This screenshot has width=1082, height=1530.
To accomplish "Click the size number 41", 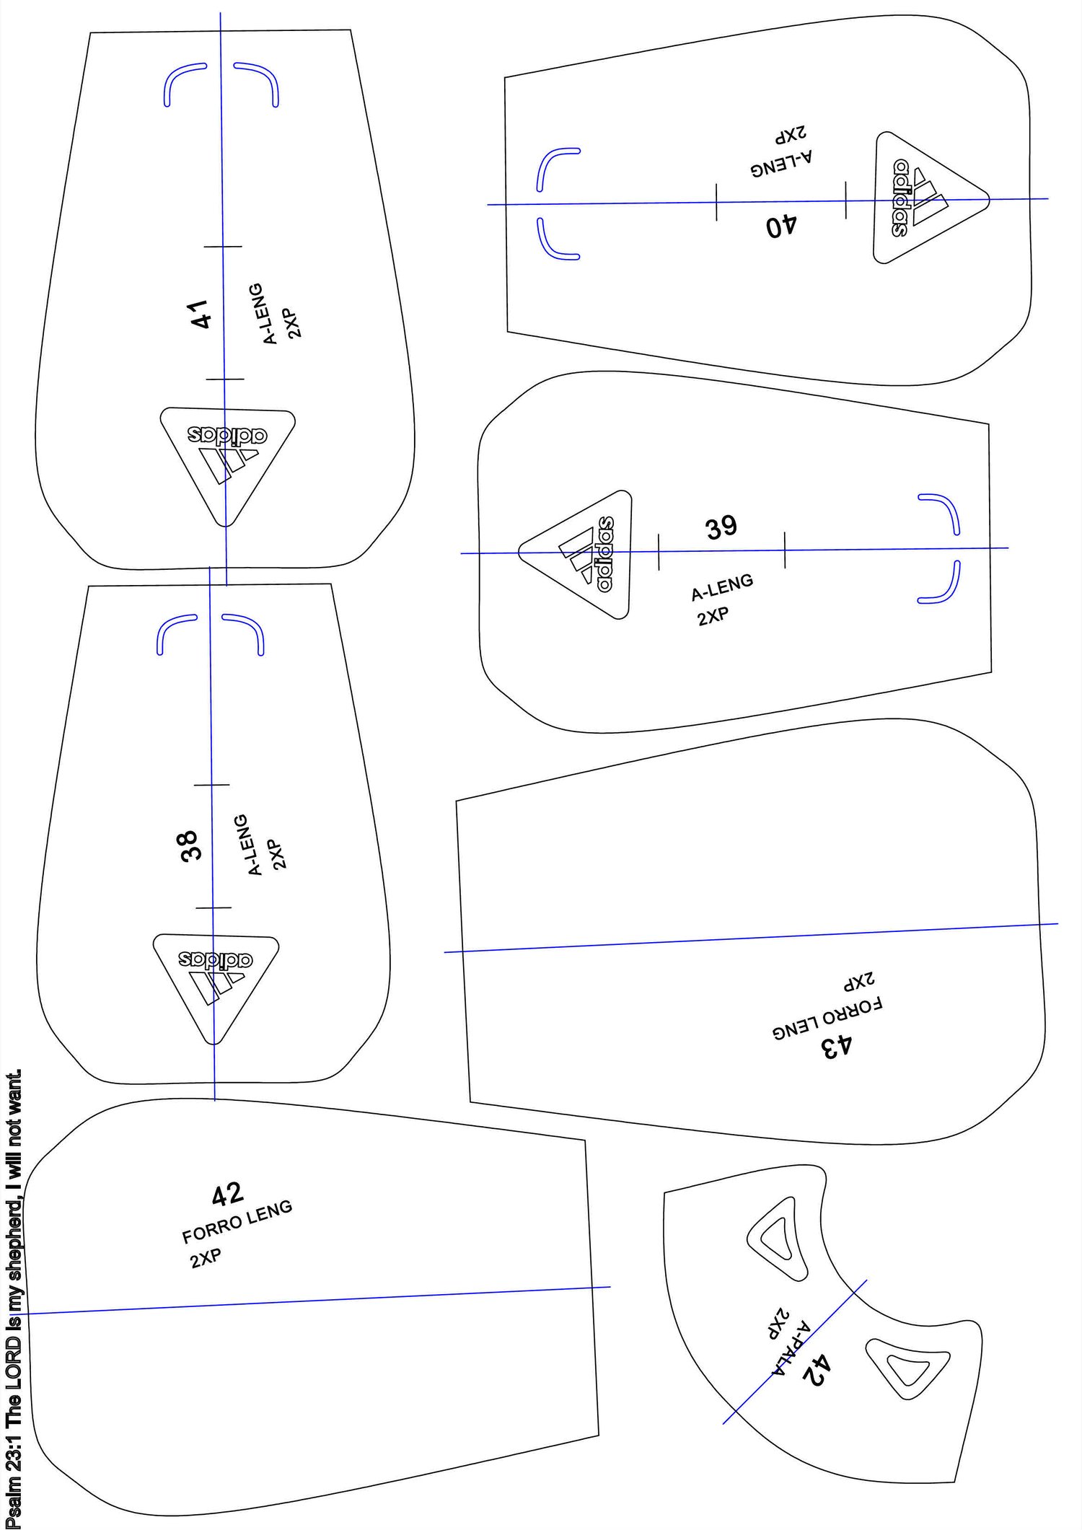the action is coord(201,315).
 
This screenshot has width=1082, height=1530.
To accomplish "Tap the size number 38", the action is coord(190,845).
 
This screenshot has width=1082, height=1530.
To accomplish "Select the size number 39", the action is coord(721,527).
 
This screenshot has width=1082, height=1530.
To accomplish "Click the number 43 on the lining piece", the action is coord(837,1046).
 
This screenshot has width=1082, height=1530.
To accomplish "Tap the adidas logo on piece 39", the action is coord(576,555).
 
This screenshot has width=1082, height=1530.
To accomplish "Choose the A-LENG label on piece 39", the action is coord(722,587).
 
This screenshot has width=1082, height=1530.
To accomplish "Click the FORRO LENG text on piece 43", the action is coord(827,1019).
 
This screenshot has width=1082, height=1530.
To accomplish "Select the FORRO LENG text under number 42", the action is coord(237,1221).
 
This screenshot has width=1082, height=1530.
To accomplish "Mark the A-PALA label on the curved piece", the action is coord(791,1345).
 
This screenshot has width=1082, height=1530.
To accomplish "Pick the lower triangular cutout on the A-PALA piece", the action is coord(908,1367).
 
